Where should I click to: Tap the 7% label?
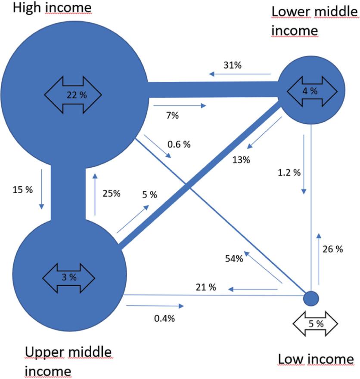coord(172,115)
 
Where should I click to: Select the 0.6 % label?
coord(179,145)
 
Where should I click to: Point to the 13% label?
coord(241,160)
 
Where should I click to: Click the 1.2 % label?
coord(289,173)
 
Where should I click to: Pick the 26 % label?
coord(332,249)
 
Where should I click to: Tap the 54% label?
coord(234,258)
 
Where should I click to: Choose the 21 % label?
coord(206,287)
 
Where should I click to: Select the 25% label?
coord(111,194)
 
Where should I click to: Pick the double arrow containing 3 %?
coord(68,276)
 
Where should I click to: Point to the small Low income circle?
coord(311,297)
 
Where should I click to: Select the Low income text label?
coord(316,358)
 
